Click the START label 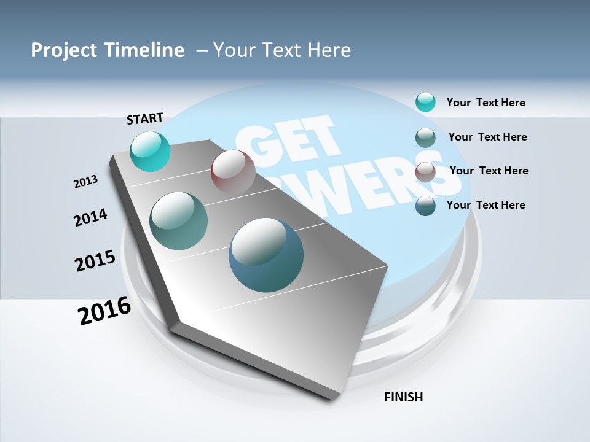coord(145,118)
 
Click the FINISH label coord(403,397)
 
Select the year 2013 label coord(86,181)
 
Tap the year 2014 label coord(90,217)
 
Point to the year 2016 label coord(104,310)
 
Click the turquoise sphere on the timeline coord(150,151)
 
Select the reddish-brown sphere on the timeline coord(233,171)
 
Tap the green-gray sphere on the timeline coord(179,221)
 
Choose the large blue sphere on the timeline coord(266,255)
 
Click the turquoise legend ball coord(425,102)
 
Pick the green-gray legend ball coord(425,137)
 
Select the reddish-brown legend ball coord(425,171)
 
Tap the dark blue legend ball coord(425,205)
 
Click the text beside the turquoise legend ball coord(486,103)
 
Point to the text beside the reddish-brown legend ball coord(489,171)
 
